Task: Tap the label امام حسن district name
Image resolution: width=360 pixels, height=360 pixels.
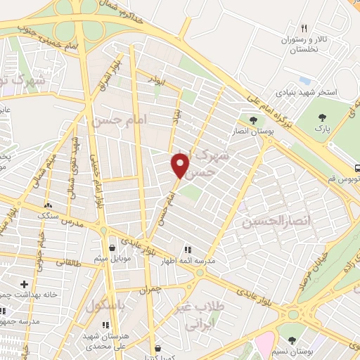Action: [117, 121]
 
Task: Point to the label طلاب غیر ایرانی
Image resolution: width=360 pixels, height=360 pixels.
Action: [208, 316]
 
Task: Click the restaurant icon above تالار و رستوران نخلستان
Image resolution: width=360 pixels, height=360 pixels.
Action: [304, 29]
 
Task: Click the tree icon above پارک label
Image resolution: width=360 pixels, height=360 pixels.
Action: [323, 117]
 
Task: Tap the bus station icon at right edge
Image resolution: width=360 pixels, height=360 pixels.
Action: [357, 168]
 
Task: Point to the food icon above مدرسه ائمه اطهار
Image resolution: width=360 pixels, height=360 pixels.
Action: [187, 249]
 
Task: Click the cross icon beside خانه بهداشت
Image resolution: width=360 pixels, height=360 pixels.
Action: [25, 285]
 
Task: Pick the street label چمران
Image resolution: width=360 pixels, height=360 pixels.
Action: [149, 288]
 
